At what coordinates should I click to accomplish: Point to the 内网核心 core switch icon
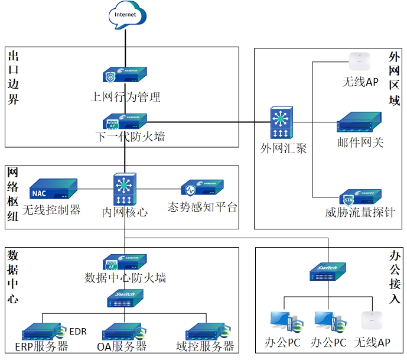click(x=125, y=189)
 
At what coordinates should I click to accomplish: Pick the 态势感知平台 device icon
click(x=203, y=189)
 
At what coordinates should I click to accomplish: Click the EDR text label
click(x=77, y=331)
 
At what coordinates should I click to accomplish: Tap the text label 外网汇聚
click(x=284, y=148)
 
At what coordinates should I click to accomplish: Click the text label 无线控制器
click(x=51, y=209)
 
